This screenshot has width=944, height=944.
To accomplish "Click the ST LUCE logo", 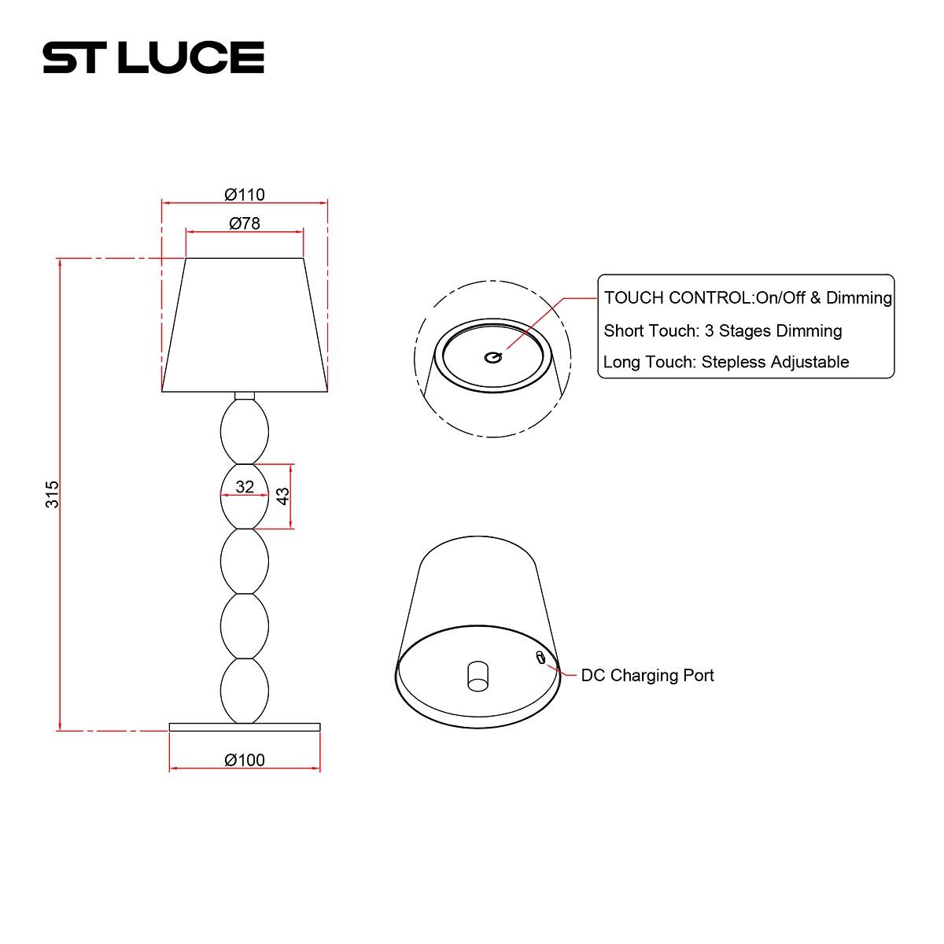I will point(153,57).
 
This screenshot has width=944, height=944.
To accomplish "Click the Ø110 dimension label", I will point(244,194).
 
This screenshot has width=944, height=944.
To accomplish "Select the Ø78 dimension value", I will point(244,223).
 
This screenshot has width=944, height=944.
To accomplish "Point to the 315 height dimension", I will point(52,494).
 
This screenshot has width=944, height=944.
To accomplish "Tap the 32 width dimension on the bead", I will point(245,487).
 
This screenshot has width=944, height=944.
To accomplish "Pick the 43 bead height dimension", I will point(282,496).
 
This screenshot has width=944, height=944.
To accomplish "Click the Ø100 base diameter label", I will point(244,760).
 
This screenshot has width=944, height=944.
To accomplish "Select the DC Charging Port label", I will point(647,675).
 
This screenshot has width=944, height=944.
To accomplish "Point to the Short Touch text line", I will point(722,330).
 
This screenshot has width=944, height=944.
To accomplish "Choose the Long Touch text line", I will point(725,362).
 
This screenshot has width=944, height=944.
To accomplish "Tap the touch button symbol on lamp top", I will point(492,356).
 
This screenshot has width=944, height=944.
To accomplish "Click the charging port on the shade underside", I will point(540,658).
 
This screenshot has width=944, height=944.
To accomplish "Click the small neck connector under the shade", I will point(245,396).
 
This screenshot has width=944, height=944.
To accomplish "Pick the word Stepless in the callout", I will point(733,362).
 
